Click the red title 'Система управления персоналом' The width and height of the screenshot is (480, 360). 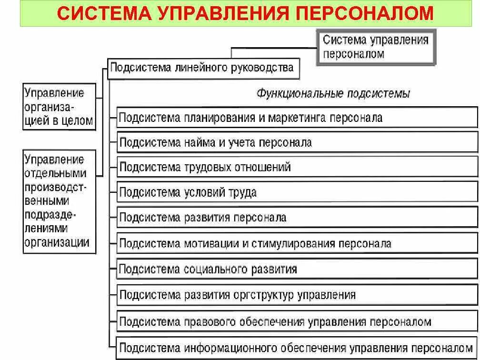(245, 13)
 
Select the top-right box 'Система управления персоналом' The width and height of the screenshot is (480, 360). (376, 47)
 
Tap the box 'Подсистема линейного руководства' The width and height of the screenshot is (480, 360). (202, 68)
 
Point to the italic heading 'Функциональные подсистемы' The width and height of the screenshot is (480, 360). (333, 93)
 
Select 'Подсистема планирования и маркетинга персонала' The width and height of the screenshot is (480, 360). (297, 117)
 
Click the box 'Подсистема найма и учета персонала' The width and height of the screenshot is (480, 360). (297, 142)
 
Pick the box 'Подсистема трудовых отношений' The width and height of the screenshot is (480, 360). (297, 167)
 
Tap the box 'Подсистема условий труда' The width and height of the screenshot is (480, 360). (297, 192)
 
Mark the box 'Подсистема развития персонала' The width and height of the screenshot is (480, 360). (297, 218)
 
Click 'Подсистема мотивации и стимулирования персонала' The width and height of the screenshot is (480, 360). (297, 243)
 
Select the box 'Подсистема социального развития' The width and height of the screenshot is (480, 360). (297, 269)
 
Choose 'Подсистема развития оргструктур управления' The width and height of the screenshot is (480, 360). (297, 295)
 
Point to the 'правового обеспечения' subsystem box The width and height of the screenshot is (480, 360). (297, 321)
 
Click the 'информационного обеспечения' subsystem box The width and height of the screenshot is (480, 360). (297, 347)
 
